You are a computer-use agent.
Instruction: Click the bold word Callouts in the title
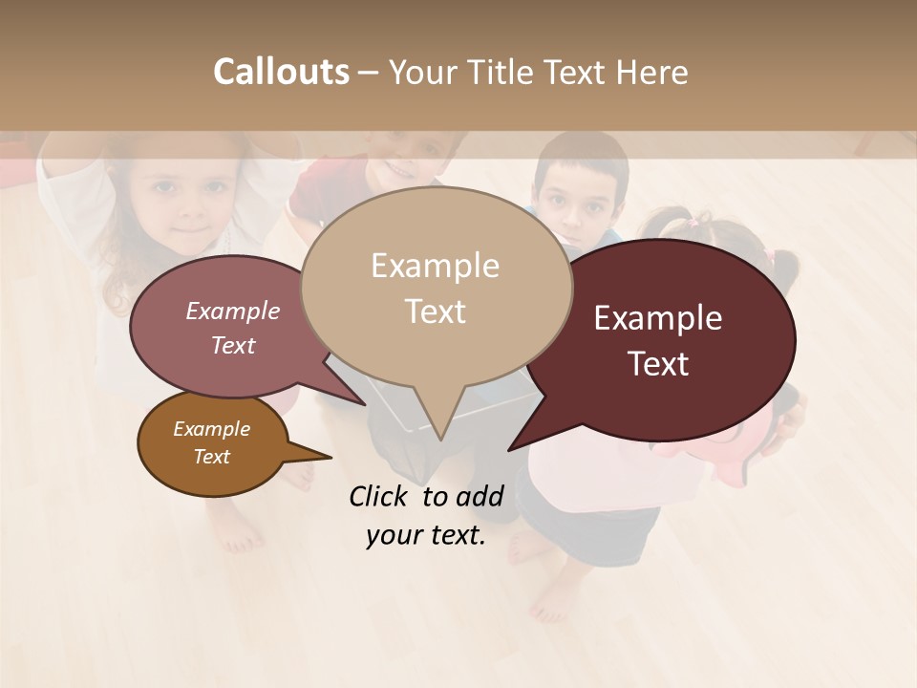[x=281, y=72]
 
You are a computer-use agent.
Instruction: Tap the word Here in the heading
[x=654, y=72]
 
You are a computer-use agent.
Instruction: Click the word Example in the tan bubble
[x=435, y=266]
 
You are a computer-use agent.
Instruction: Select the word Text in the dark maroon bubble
[x=659, y=364]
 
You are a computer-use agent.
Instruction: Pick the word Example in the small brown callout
[x=211, y=429]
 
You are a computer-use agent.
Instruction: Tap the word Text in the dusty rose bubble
[x=233, y=346]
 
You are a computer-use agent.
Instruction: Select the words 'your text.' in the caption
[x=425, y=536]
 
